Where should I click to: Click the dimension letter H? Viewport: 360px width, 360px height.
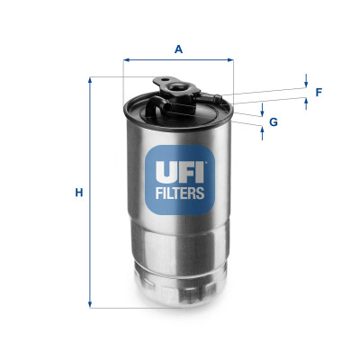click(78, 193)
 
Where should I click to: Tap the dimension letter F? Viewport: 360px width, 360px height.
click(318, 92)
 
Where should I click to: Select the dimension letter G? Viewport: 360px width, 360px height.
click(273, 121)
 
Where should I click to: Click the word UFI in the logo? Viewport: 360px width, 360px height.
click(177, 168)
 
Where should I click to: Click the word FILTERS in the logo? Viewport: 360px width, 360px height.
click(177, 192)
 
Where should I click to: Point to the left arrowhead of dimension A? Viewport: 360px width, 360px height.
click(126, 61)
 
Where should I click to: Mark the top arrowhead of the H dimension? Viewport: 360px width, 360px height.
click(90, 80)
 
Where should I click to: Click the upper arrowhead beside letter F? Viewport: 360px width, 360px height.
click(306, 85)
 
